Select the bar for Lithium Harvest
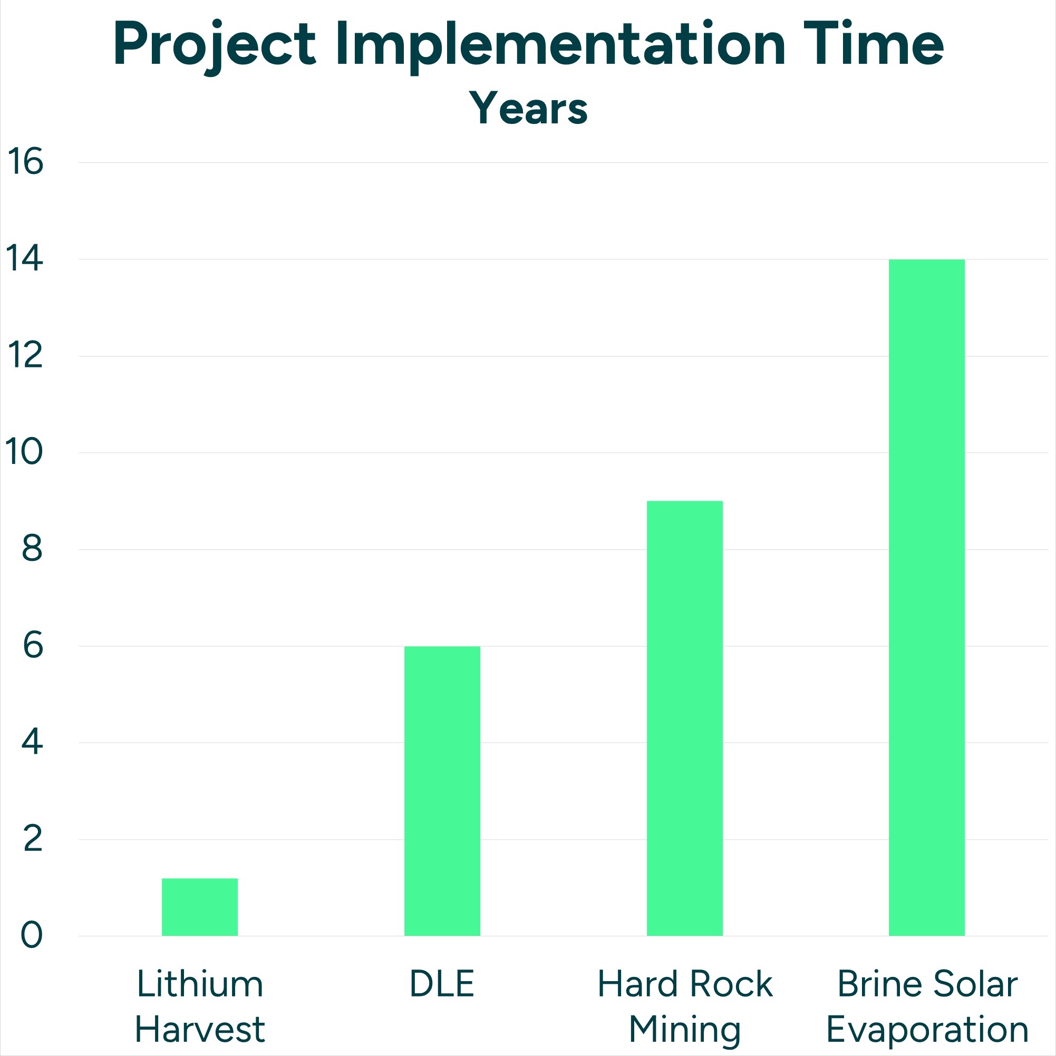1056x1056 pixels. (x=199, y=907)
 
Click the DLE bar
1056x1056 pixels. (x=442, y=791)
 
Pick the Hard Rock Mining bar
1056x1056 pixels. (x=684, y=718)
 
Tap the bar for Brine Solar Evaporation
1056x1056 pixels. (x=926, y=597)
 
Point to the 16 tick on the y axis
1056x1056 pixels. (x=25, y=162)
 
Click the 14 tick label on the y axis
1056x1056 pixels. (x=24, y=259)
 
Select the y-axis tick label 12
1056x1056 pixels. (x=25, y=356)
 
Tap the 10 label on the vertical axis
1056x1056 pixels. (x=24, y=452)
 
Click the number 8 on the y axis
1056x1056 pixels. (x=32, y=549)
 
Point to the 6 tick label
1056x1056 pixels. (x=32, y=646)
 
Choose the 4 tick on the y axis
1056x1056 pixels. (x=32, y=742)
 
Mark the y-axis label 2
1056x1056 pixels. (x=32, y=839)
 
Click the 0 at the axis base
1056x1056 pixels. (x=32, y=936)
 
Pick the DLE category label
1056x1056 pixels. (x=442, y=984)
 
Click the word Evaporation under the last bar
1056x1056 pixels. (x=927, y=1030)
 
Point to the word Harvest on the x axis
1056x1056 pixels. (x=199, y=1030)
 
